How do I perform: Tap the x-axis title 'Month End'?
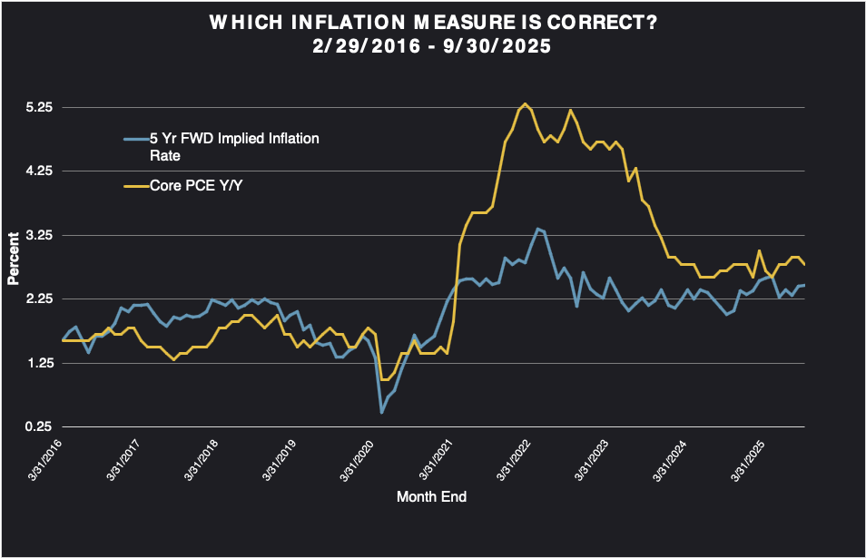pos(432,497)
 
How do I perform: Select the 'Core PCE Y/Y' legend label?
pos(191,186)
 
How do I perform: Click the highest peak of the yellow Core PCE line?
pos(526,103)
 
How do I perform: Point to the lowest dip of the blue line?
pos(381,413)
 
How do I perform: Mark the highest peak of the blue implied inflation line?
pos(537,229)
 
